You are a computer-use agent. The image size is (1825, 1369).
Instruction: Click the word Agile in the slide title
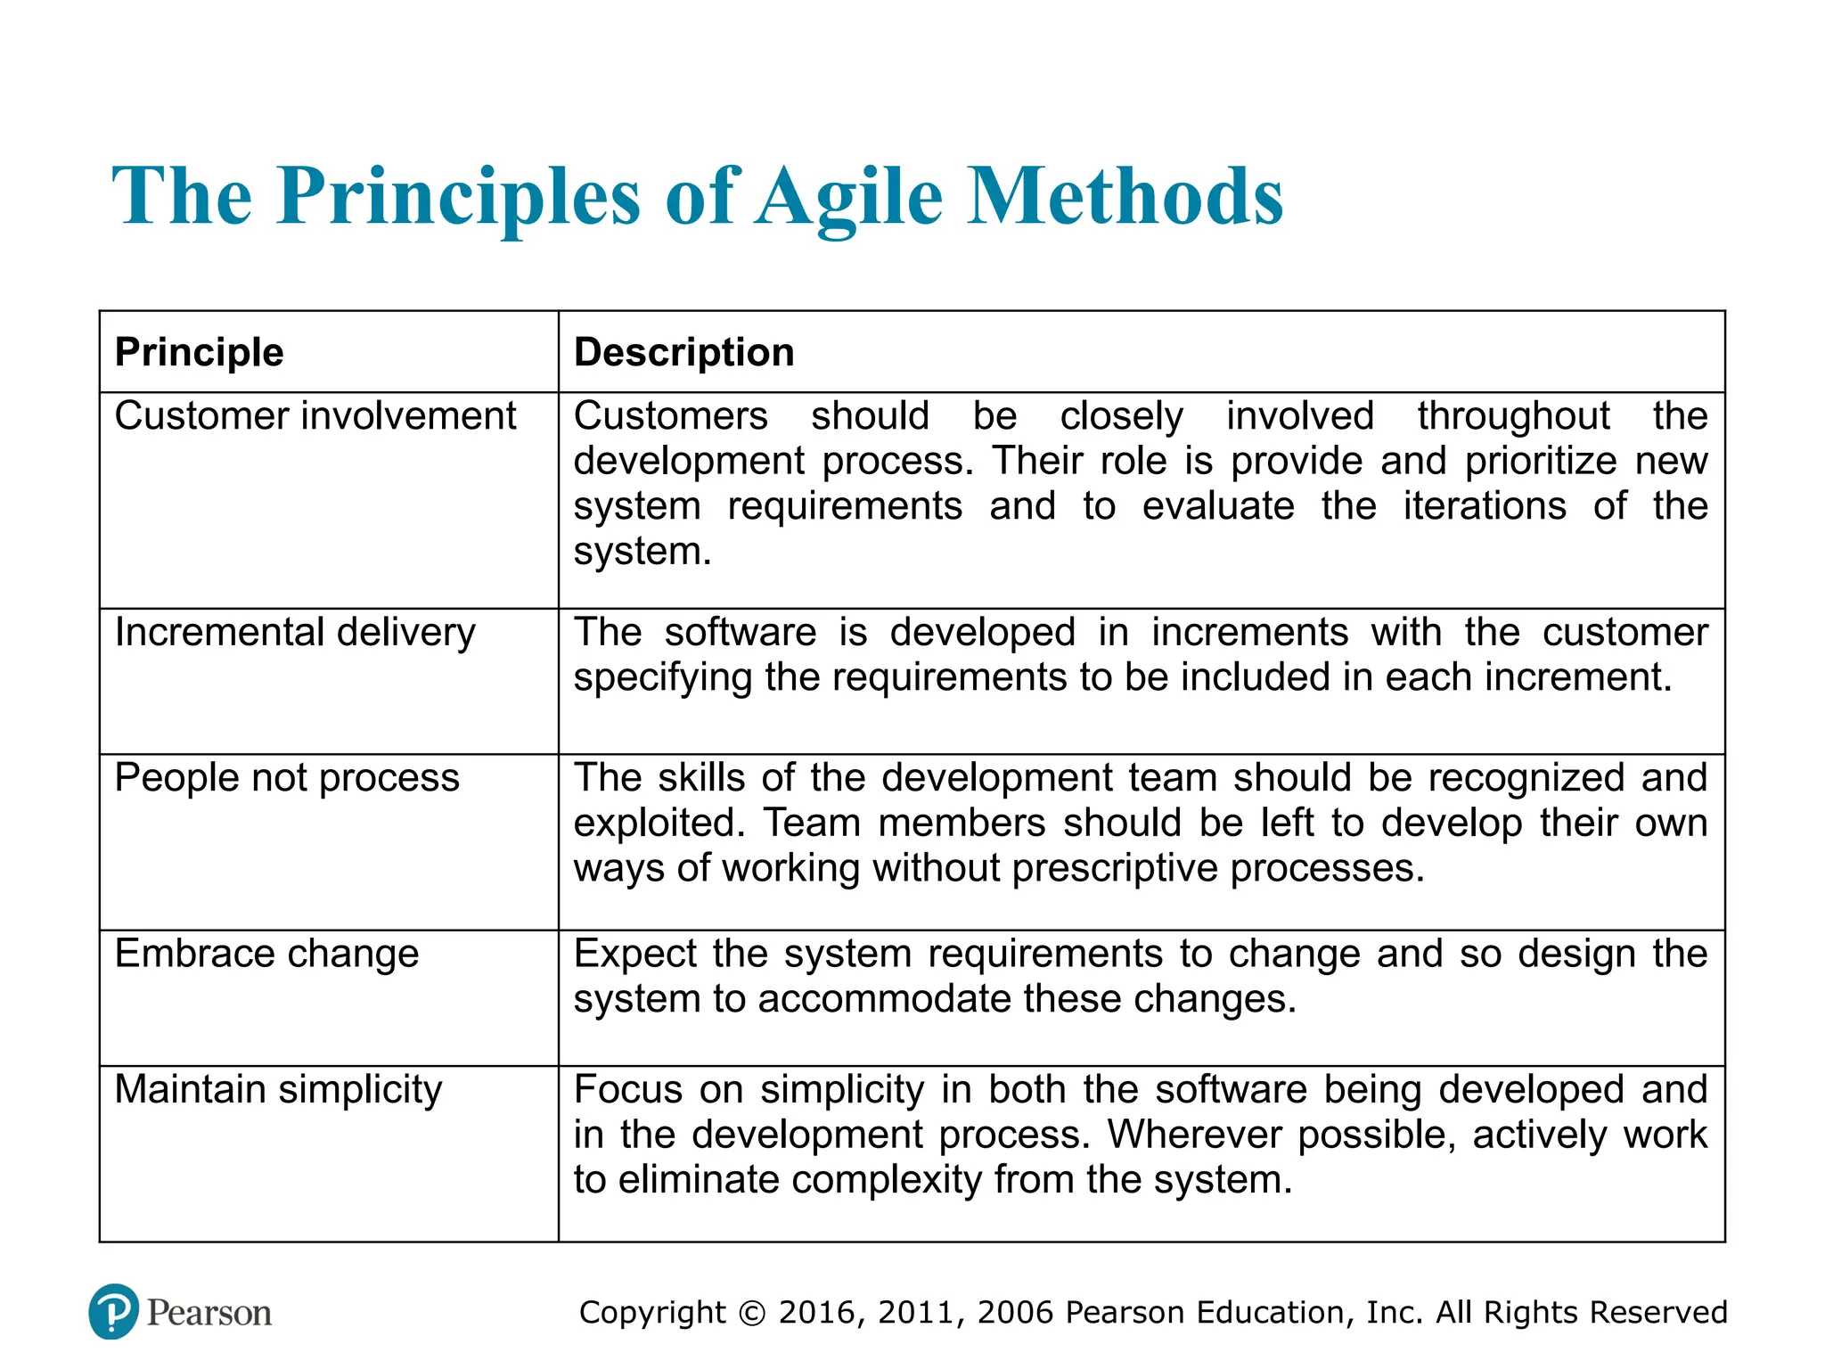850,198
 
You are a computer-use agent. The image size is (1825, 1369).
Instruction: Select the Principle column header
199,352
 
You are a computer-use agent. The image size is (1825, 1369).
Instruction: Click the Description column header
683,352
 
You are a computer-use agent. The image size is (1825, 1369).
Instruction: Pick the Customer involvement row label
315,416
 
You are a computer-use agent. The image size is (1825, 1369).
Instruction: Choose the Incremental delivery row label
295,633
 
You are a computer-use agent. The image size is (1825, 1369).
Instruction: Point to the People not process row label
287,778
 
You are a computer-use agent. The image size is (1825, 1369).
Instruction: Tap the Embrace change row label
266,954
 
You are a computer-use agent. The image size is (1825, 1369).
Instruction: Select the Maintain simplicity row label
278,1090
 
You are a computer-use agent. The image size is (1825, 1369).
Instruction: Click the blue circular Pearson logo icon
114,1311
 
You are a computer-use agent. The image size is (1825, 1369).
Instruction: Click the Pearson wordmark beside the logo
209,1313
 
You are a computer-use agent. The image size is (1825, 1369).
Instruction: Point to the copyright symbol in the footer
752,1313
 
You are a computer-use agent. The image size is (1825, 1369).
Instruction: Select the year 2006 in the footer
1015,1313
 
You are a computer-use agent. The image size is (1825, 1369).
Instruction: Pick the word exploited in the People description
659,824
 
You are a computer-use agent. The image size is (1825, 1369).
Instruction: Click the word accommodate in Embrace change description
885,999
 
